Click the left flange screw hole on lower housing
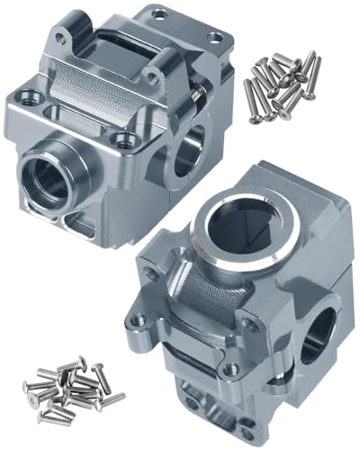click(x=139, y=319)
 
